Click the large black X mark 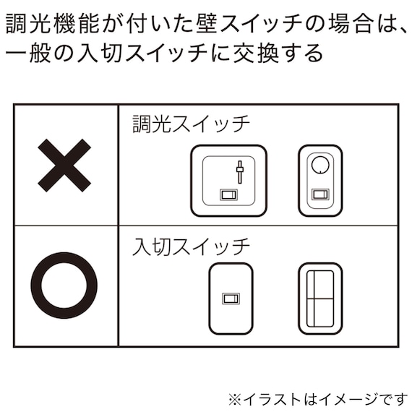click(x=64, y=165)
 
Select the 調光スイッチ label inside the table click(x=190, y=124)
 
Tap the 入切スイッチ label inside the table click(x=190, y=246)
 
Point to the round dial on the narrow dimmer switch click(x=319, y=165)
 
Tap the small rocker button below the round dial click(x=319, y=194)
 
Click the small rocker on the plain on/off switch click(x=231, y=297)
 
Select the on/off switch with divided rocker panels click(x=320, y=298)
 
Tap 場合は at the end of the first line click(x=346, y=23)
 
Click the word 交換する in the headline click(x=281, y=54)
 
